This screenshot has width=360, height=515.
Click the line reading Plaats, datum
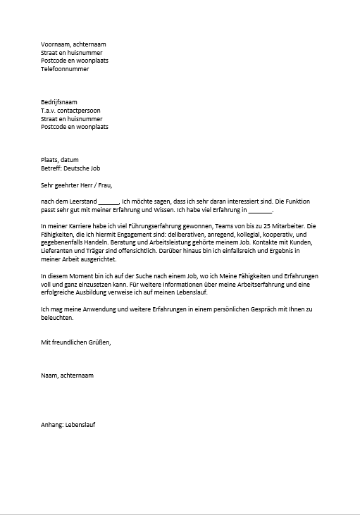pyautogui.click(x=60, y=160)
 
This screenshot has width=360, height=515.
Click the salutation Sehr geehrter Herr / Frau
pyautogui.click(x=77, y=185)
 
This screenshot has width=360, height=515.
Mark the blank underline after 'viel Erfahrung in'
pyautogui.click(x=260, y=211)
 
